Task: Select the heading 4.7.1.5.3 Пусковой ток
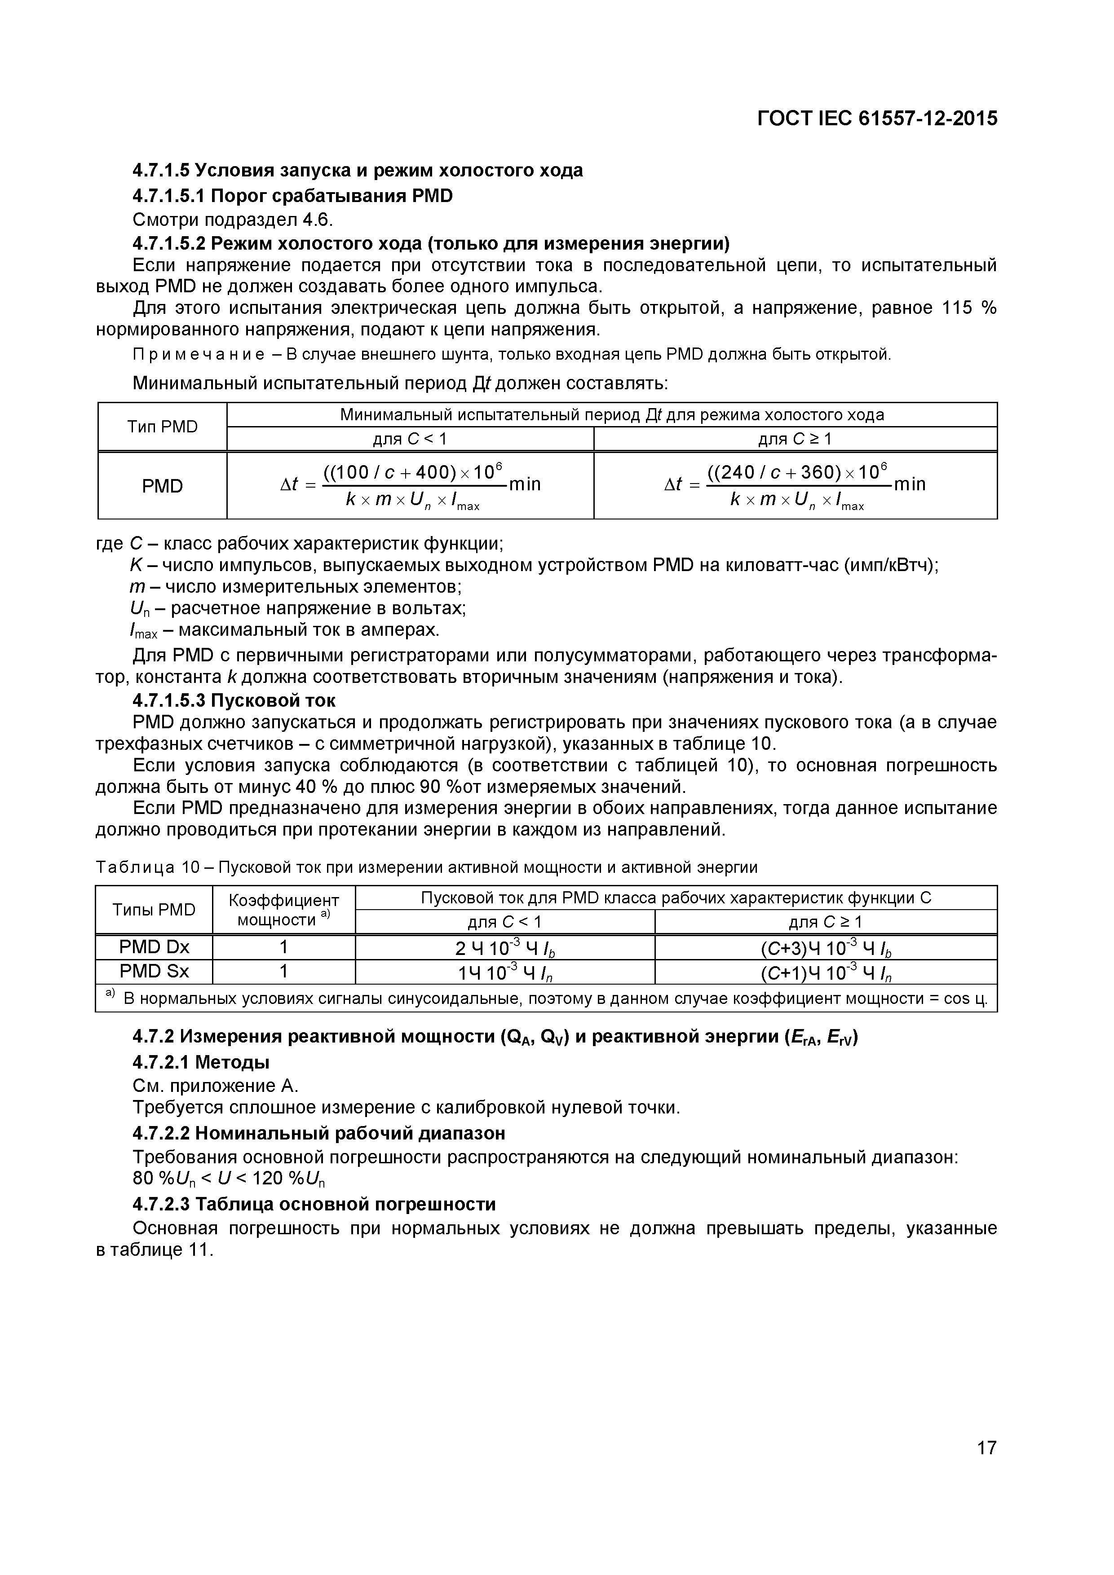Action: (234, 700)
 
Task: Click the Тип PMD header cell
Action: (162, 427)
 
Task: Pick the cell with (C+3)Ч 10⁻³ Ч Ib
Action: (825, 947)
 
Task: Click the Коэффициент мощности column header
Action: (283, 910)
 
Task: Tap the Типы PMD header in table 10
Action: (154, 910)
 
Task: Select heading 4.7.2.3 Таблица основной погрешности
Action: (314, 1204)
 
